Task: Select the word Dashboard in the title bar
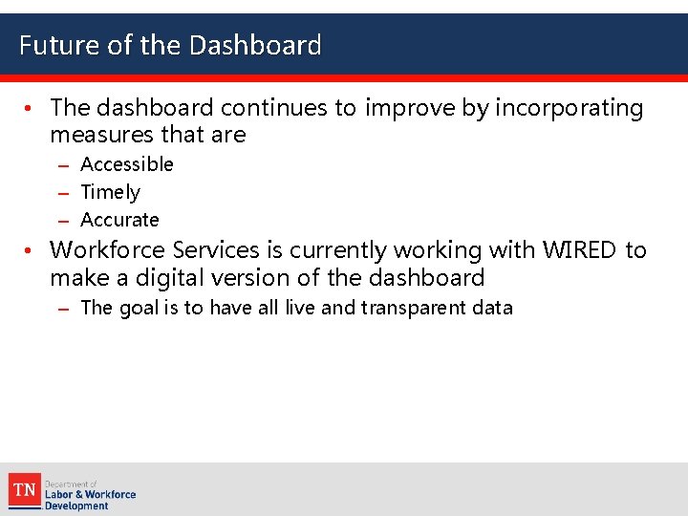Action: click(x=255, y=45)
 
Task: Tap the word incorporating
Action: click(x=570, y=108)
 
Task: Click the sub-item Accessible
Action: click(x=127, y=164)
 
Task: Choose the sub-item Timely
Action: click(x=110, y=192)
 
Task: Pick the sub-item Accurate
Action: click(x=119, y=220)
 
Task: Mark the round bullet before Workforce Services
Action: click(x=31, y=251)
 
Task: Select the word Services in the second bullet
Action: click(x=216, y=250)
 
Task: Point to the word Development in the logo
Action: click(x=77, y=505)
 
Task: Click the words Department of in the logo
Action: click(x=71, y=484)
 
